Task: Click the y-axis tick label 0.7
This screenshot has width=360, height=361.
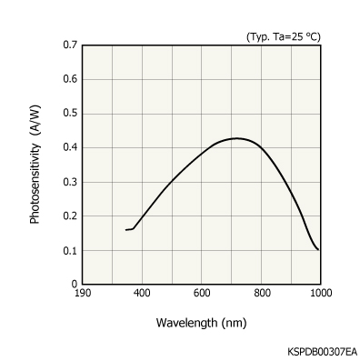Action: [69, 45]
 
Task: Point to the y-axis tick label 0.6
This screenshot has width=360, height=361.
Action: [69, 79]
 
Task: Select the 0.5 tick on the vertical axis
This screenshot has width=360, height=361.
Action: [69, 113]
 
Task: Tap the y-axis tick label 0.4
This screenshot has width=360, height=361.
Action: [69, 147]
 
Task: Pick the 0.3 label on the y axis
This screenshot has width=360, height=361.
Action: [69, 182]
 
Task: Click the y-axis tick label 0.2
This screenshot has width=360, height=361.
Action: [69, 216]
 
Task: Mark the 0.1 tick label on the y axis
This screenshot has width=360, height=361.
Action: [69, 250]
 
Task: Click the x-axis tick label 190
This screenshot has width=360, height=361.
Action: [82, 293]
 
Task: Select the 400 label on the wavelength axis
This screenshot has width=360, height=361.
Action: [141, 293]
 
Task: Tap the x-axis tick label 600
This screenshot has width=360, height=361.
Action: [201, 293]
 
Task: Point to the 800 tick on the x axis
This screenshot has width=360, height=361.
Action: [261, 293]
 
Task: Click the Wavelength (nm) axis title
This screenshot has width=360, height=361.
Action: [201, 322]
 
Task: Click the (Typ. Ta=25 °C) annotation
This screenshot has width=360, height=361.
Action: [284, 36]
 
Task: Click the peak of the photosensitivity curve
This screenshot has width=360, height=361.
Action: [237, 138]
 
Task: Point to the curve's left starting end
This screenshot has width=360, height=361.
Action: [125, 230]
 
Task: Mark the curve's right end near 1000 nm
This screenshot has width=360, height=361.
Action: [318, 250]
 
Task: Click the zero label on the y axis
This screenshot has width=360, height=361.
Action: [74, 284]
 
